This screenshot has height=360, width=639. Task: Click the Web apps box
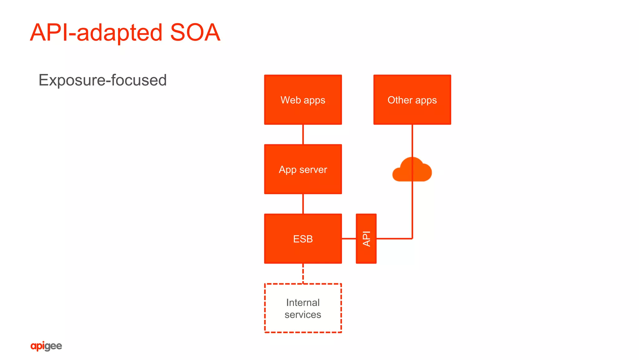tap(303, 100)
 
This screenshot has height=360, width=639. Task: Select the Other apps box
tap(412, 100)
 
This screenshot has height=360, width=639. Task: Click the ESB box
tap(303, 239)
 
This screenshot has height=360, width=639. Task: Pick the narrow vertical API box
tap(366, 239)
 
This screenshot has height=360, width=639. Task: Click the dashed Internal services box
tap(303, 308)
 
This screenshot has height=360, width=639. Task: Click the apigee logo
tap(46, 346)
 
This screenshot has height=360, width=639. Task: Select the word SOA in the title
tap(195, 32)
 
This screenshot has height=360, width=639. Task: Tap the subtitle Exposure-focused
tap(102, 80)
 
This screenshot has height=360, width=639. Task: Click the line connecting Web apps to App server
tap(303, 134)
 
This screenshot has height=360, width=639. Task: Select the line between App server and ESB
tap(303, 204)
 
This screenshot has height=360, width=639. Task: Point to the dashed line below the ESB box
tap(303, 274)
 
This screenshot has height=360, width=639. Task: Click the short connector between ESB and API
tap(349, 239)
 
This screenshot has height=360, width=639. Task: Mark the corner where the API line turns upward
tap(412, 239)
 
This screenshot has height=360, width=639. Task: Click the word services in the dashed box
tap(303, 314)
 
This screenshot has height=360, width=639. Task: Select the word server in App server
tap(313, 170)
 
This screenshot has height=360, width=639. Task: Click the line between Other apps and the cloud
tap(412, 141)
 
